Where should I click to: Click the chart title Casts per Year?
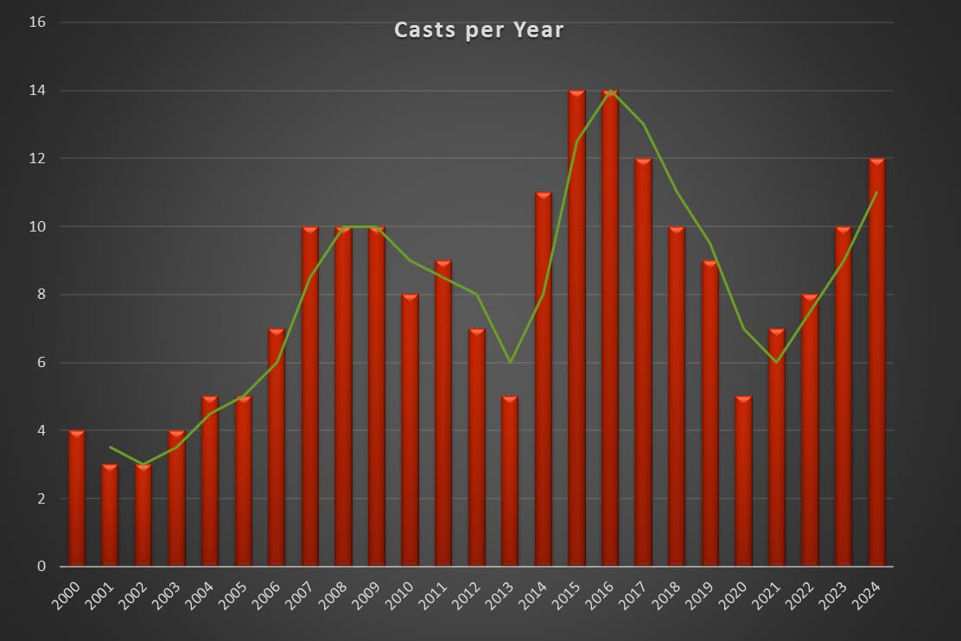479,30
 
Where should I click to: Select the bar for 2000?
77,498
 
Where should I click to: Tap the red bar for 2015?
576,328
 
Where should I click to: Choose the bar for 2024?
877,363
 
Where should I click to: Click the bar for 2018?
677,397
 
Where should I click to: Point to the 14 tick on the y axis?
40,91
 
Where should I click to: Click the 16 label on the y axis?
40,22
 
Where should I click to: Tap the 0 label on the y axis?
41,567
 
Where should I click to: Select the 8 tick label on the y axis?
41,295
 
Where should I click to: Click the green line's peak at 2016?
610,91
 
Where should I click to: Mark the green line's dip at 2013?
510,362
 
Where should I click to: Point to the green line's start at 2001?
111,447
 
